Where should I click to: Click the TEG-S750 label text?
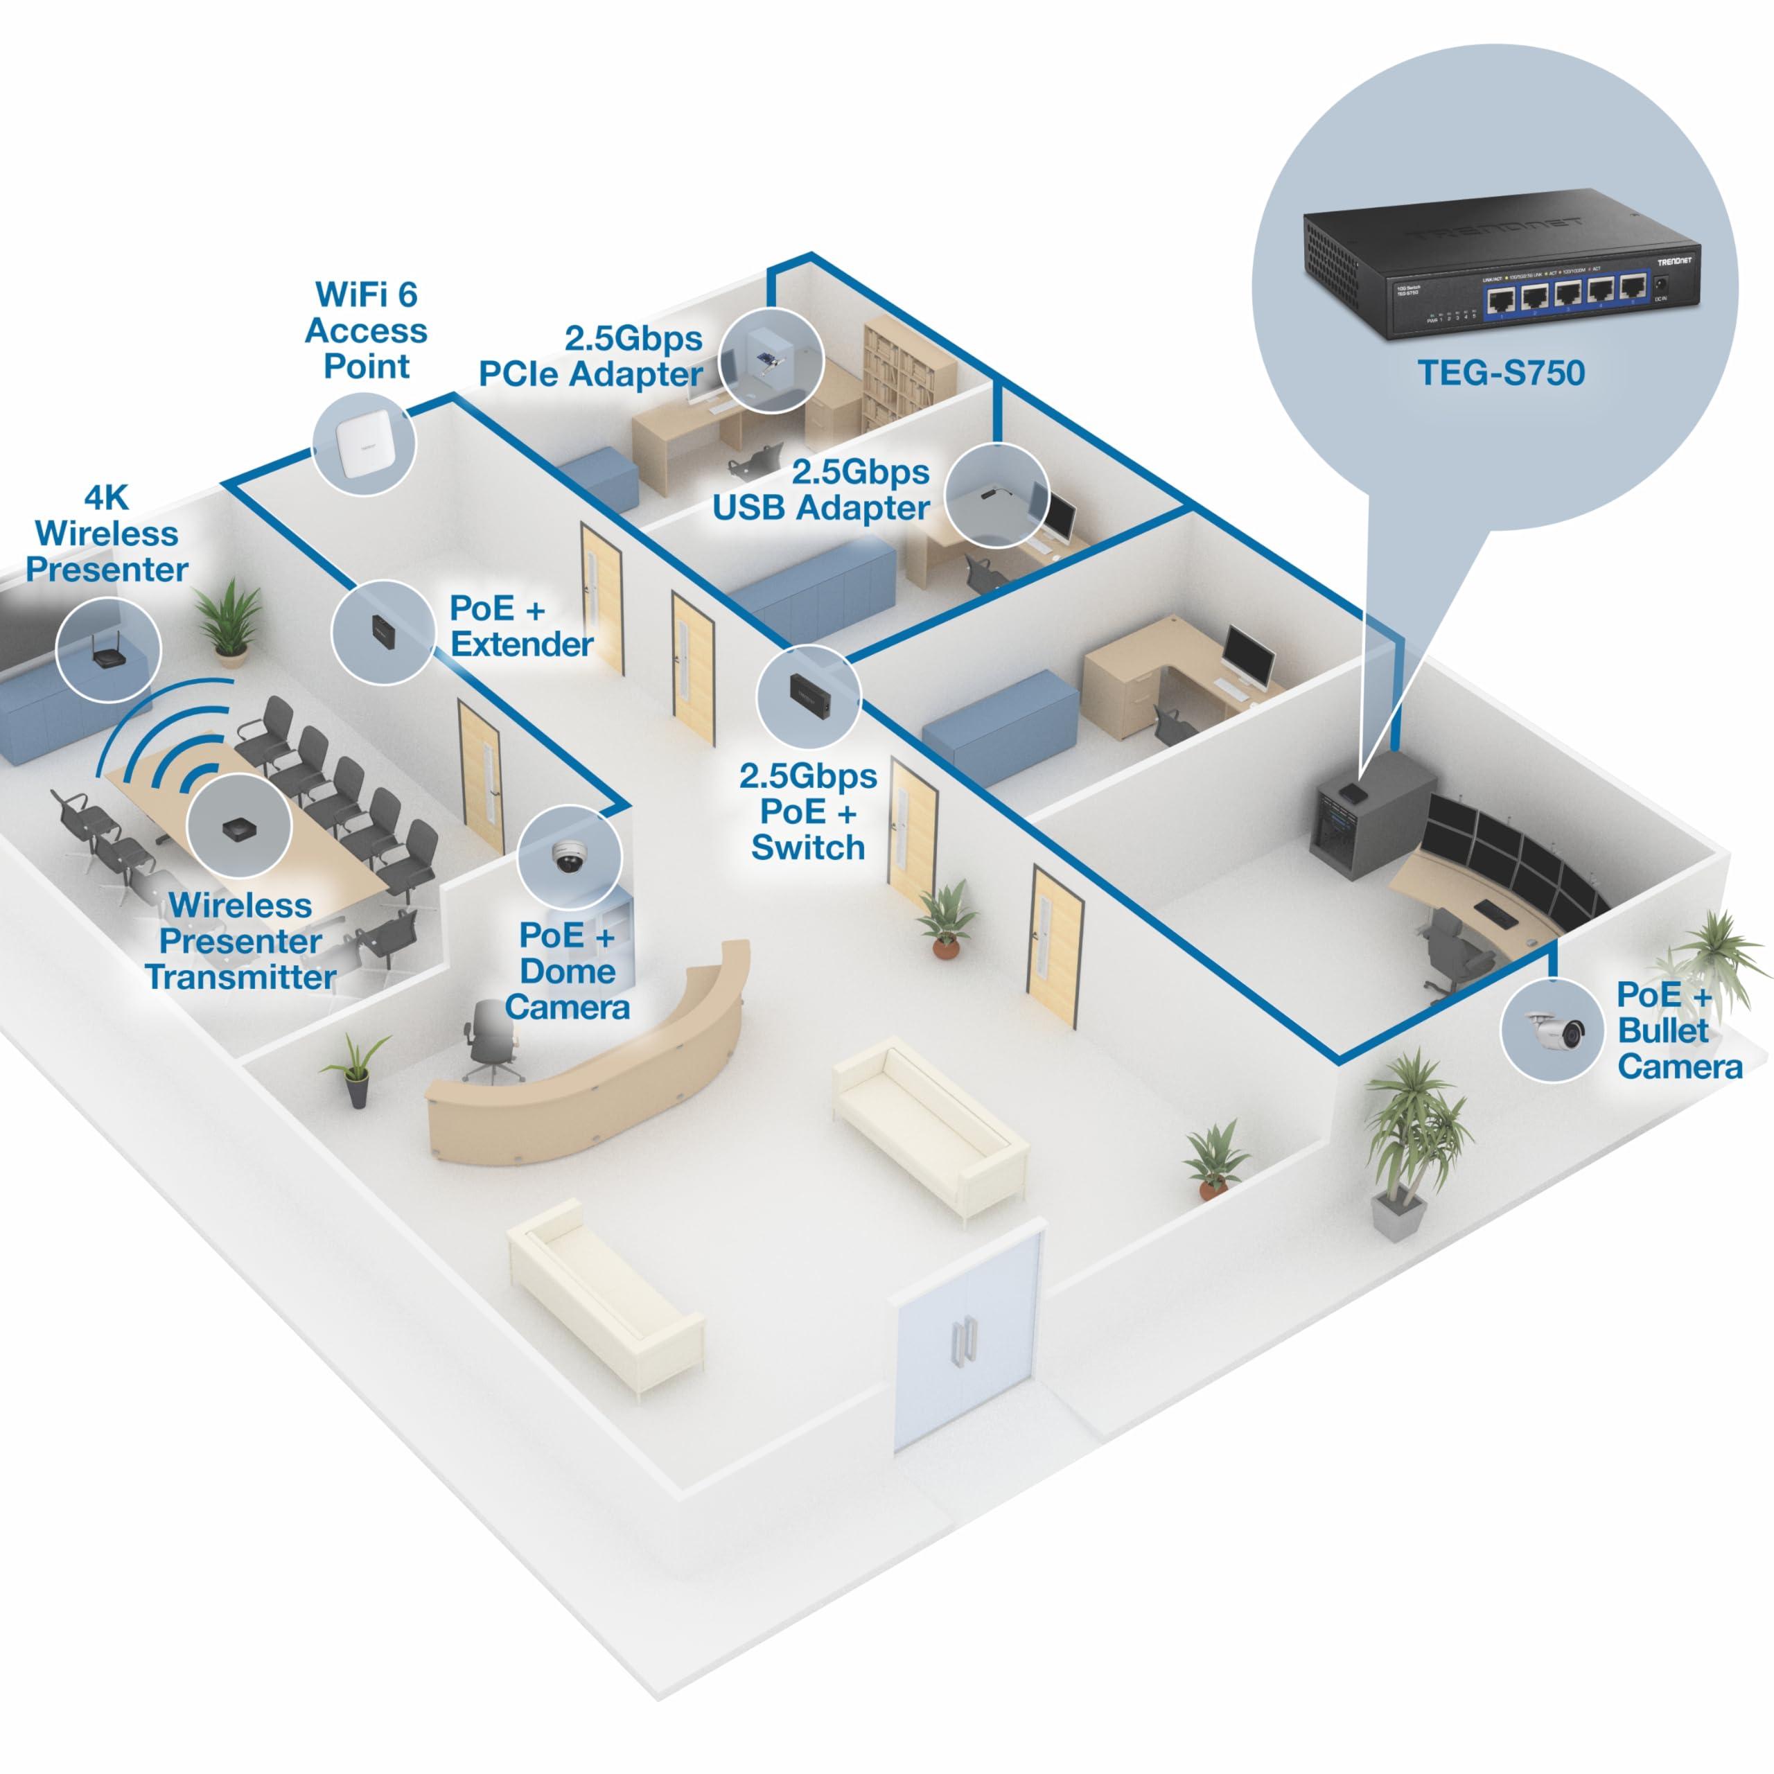click(x=1500, y=373)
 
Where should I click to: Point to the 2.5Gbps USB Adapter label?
click(x=822, y=489)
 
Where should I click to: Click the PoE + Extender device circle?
click(x=382, y=632)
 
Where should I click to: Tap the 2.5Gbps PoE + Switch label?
click(x=808, y=811)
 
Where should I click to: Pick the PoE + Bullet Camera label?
click(x=1678, y=1030)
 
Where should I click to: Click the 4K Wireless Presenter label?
click(x=107, y=534)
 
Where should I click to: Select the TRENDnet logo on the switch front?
click(x=1674, y=262)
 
